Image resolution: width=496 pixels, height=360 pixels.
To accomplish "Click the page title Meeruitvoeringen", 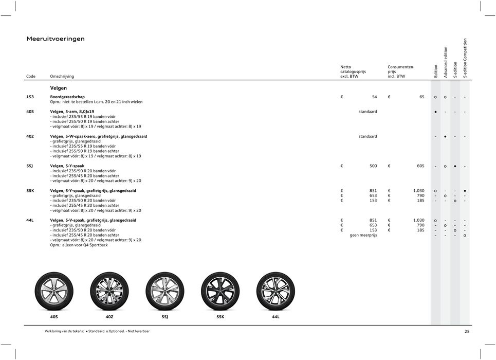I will pyautogui.click(x=56, y=39).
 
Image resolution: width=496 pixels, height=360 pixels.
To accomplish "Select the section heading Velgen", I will pyautogui.click(x=58, y=88).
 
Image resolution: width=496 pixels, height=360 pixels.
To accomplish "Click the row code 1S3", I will pyautogui.click(x=31, y=97).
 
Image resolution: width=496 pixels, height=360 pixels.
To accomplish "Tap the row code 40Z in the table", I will pyautogui.click(x=31, y=136).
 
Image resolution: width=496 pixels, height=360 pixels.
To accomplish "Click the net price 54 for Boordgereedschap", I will pyautogui.click(x=374, y=97).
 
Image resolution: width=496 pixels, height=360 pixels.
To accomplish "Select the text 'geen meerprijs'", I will pyautogui.click(x=363, y=235).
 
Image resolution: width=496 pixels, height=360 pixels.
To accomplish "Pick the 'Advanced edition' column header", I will pyautogui.click(x=446, y=62).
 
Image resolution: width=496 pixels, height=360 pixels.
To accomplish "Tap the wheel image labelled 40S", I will pyautogui.click(x=53, y=291).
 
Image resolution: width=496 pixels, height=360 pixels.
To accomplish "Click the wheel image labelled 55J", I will pyautogui.click(x=165, y=291).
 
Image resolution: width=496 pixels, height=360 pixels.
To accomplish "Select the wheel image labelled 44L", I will pyautogui.click(x=275, y=291).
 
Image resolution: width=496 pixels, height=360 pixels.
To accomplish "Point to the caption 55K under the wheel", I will pyautogui.click(x=220, y=317).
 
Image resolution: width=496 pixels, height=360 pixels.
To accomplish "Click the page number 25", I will pyautogui.click(x=467, y=332).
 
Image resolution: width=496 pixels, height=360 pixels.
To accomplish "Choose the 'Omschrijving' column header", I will pyautogui.click(x=62, y=77).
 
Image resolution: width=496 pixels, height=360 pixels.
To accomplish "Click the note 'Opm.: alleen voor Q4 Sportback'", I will pyautogui.click(x=79, y=245).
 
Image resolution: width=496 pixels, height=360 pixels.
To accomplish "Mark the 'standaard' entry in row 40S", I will pyautogui.click(x=368, y=112).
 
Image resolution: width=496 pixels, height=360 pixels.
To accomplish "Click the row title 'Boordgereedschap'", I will pyautogui.click(x=67, y=97).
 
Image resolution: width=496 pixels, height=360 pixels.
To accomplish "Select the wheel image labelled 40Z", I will pyautogui.click(x=109, y=291).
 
